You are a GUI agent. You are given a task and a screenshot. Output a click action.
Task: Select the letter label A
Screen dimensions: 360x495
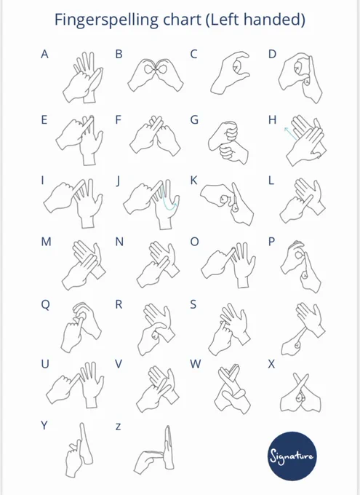click(x=45, y=55)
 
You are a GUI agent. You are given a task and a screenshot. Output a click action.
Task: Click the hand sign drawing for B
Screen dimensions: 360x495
click(x=156, y=75)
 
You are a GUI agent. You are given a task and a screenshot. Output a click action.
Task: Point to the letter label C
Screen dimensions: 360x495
click(x=193, y=55)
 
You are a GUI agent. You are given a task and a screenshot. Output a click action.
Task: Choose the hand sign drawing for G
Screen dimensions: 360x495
click(x=228, y=142)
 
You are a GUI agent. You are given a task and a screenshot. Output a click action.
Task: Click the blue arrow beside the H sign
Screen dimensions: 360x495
click(x=290, y=133)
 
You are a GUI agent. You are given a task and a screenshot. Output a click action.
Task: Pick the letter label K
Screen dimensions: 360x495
click(x=193, y=181)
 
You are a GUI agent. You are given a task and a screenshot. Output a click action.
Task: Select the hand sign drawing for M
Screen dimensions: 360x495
click(x=84, y=266)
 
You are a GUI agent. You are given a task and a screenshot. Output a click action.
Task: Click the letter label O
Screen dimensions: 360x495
click(x=195, y=242)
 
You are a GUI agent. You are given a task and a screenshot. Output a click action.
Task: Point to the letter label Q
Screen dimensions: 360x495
click(x=45, y=305)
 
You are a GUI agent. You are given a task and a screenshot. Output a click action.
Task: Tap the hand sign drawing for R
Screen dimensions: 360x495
click(x=156, y=329)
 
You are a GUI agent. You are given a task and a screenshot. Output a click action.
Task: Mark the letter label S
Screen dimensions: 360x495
click(x=193, y=304)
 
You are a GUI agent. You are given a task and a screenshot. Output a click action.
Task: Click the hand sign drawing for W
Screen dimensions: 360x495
click(x=233, y=389)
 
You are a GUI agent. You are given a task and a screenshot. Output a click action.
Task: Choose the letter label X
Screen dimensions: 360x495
click(x=271, y=364)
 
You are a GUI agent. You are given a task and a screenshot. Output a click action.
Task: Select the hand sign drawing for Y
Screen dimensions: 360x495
click(x=79, y=451)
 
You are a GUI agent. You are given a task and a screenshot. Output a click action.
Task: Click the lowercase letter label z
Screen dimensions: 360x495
click(x=118, y=427)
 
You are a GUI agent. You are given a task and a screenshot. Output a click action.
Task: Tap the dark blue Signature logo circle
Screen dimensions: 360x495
click(x=292, y=456)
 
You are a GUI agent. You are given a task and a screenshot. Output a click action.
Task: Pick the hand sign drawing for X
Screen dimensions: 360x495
click(x=300, y=393)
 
